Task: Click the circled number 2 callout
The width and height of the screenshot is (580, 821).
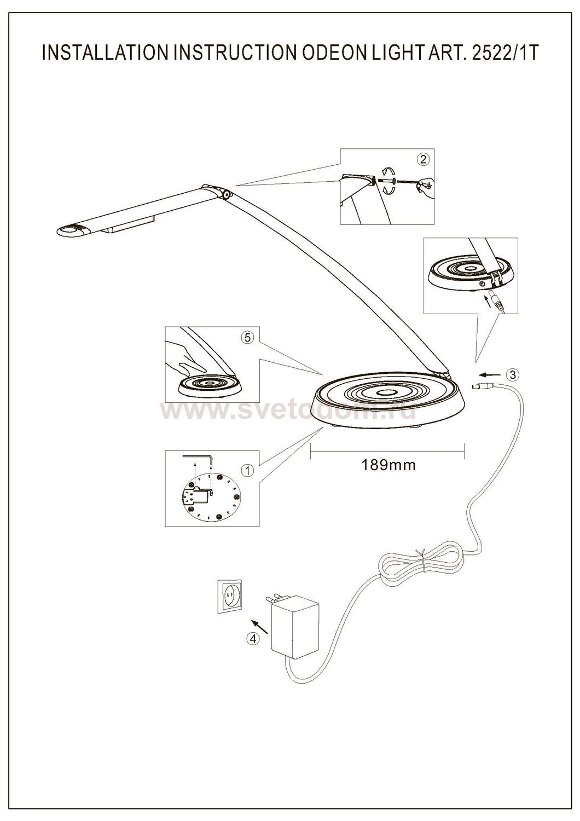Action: (423, 159)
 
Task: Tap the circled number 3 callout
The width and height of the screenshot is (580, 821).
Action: (513, 374)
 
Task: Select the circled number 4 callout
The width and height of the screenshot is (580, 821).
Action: (253, 638)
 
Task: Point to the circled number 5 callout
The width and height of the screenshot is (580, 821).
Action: (248, 338)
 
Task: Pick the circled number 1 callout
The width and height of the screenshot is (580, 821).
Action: (248, 471)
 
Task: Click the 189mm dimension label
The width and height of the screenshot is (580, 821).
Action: (388, 465)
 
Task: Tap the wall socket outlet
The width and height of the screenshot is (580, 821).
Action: (229, 595)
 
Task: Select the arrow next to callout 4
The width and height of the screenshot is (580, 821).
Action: (259, 626)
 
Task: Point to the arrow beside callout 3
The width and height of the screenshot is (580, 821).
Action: (489, 375)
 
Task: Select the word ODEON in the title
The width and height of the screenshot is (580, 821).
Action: (330, 53)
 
